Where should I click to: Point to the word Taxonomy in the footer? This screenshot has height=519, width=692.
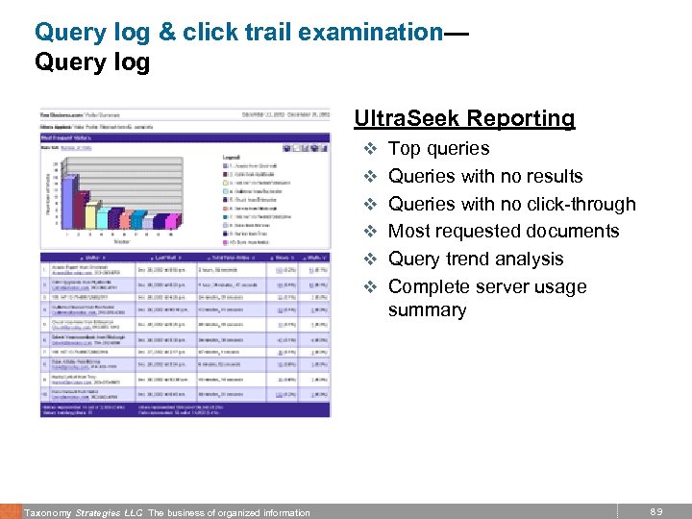tap(48, 512)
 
